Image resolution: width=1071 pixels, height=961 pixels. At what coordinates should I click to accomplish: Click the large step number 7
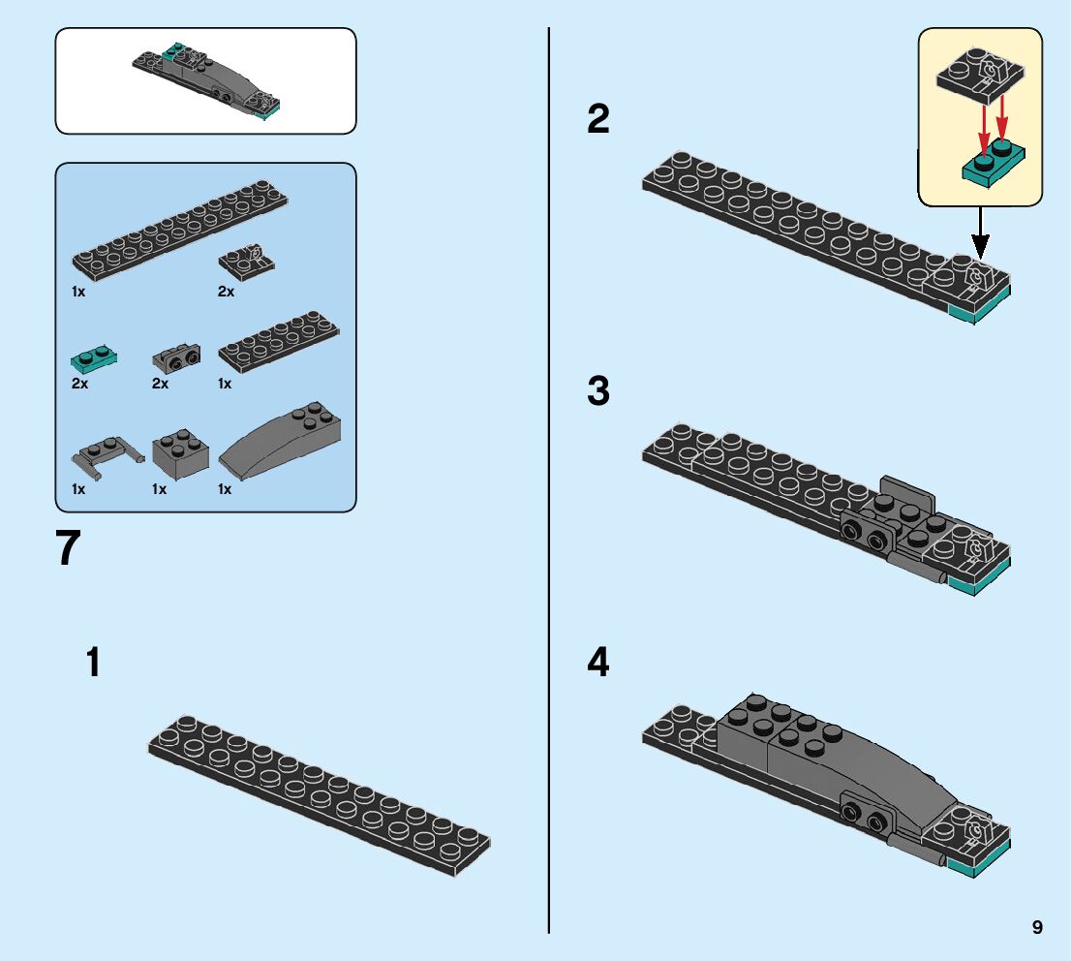(68, 548)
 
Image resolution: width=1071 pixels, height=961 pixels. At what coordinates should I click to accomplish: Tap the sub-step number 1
(93, 664)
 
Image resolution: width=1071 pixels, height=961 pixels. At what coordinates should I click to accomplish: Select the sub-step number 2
(598, 120)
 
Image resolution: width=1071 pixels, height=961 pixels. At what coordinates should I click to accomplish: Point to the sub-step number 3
(598, 392)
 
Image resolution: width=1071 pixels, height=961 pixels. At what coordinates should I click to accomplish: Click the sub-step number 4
(598, 664)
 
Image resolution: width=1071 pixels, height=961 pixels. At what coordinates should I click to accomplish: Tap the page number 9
(1037, 927)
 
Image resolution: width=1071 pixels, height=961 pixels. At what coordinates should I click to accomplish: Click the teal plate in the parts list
(94, 359)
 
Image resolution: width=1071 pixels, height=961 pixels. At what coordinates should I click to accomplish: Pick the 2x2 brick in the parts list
(180, 450)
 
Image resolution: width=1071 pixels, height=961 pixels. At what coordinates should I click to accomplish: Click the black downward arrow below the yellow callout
(980, 232)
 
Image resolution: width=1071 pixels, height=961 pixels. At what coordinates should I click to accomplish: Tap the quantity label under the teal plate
(79, 384)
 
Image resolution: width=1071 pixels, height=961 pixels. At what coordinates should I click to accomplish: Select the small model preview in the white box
(208, 79)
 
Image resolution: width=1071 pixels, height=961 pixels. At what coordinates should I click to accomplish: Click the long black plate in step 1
(319, 794)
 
